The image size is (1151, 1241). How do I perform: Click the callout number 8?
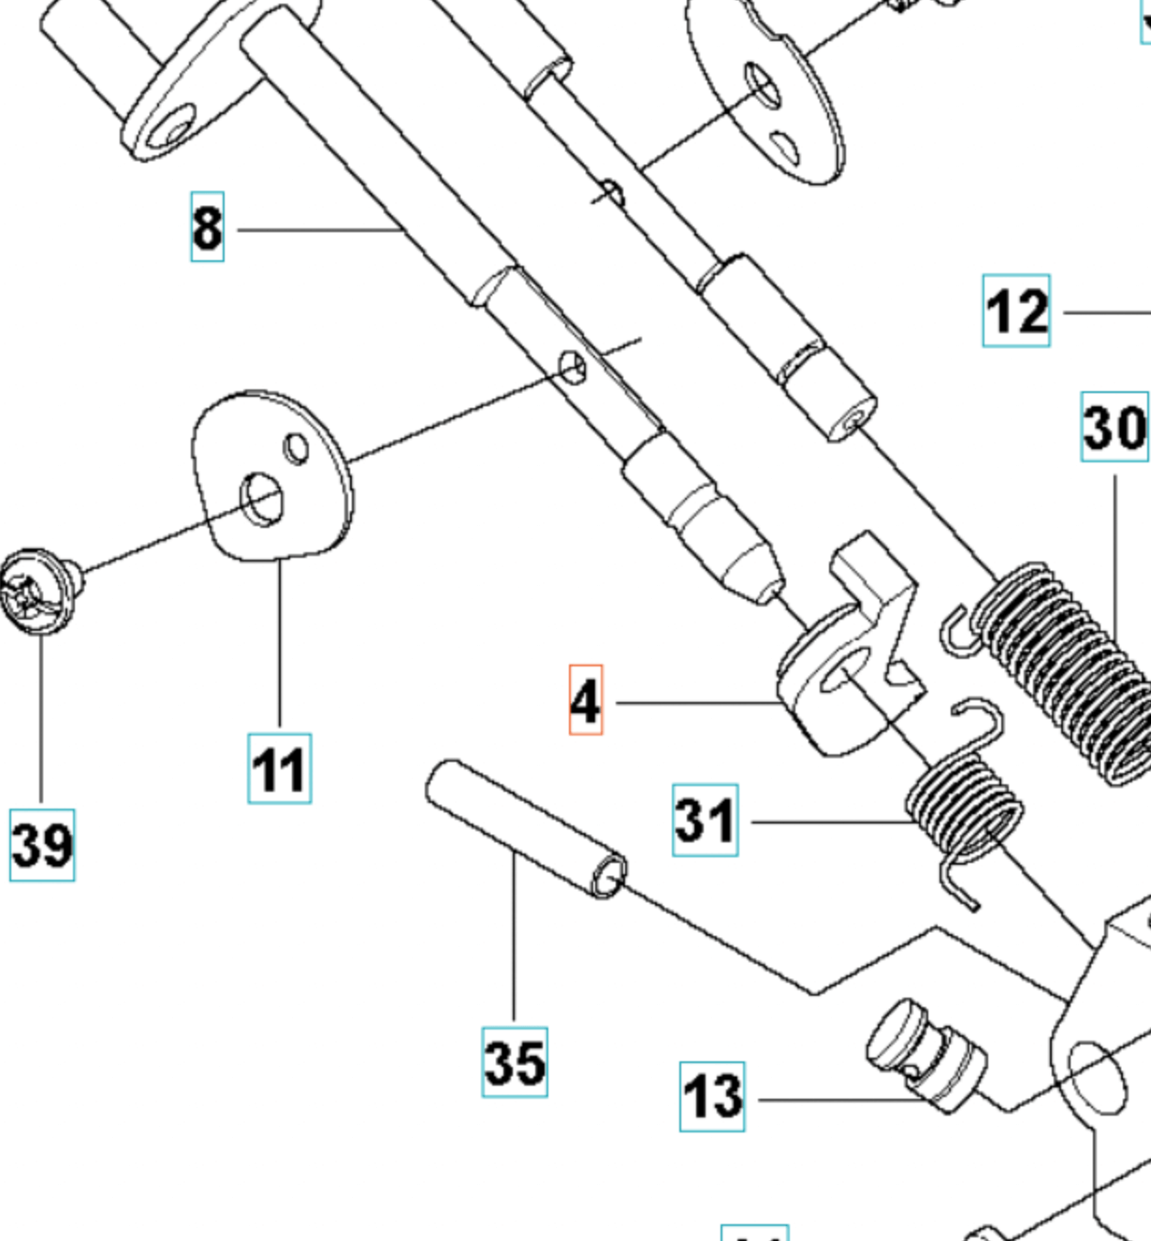tap(207, 226)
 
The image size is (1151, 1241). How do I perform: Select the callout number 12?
tap(1016, 311)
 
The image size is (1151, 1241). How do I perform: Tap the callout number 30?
tap(1114, 427)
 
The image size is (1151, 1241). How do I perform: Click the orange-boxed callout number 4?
tap(586, 700)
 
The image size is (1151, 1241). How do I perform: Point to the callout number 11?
tap(279, 769)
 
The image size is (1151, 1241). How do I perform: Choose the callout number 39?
tap(42, 845)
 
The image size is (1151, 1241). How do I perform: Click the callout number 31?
tap(705, 821)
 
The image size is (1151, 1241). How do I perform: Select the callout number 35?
tap(515, 1062)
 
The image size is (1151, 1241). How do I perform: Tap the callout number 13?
tap(712, 1097)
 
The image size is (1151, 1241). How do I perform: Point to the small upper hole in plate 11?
tap(297, 448)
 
